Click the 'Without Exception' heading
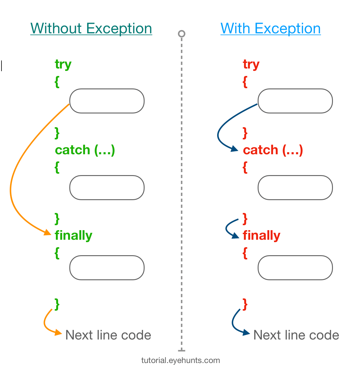91,29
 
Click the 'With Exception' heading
270,29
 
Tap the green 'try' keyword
63,64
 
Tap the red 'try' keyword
251,64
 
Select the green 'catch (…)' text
85,150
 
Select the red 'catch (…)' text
273,150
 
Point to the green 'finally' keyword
73,235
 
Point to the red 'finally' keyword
262,235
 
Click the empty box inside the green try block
107,101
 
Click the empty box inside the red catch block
295,188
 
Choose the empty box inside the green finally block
107,268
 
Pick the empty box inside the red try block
295,101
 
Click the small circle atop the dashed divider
181,34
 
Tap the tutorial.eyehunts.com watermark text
181,361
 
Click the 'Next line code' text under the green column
108,335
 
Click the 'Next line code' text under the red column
296,335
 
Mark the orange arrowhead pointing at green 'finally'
48,233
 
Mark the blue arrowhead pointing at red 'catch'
235,149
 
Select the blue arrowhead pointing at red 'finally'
236,236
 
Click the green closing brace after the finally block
57,304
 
